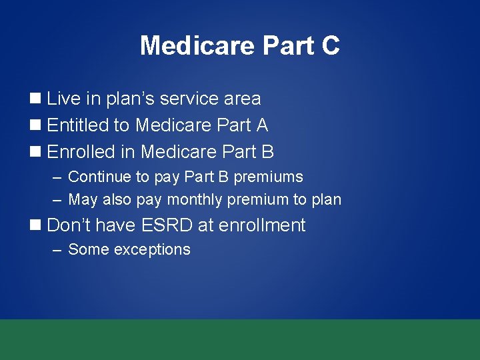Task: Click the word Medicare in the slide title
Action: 198,45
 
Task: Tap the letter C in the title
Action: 330,45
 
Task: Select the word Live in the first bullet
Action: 63,99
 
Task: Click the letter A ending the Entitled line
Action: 261,125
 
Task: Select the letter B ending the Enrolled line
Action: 267,152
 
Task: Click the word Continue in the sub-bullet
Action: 96,177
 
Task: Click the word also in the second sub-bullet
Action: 117,199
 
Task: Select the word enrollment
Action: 262,225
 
